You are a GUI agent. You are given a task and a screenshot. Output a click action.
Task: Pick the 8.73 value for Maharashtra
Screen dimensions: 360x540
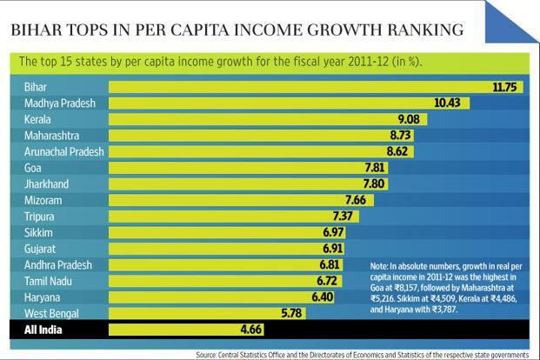tap(400, 136)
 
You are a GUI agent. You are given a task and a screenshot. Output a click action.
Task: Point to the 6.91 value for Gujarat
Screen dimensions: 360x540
tap(330, 249)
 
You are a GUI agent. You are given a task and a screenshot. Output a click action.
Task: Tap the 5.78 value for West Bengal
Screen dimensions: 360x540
tap(286, 313)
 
